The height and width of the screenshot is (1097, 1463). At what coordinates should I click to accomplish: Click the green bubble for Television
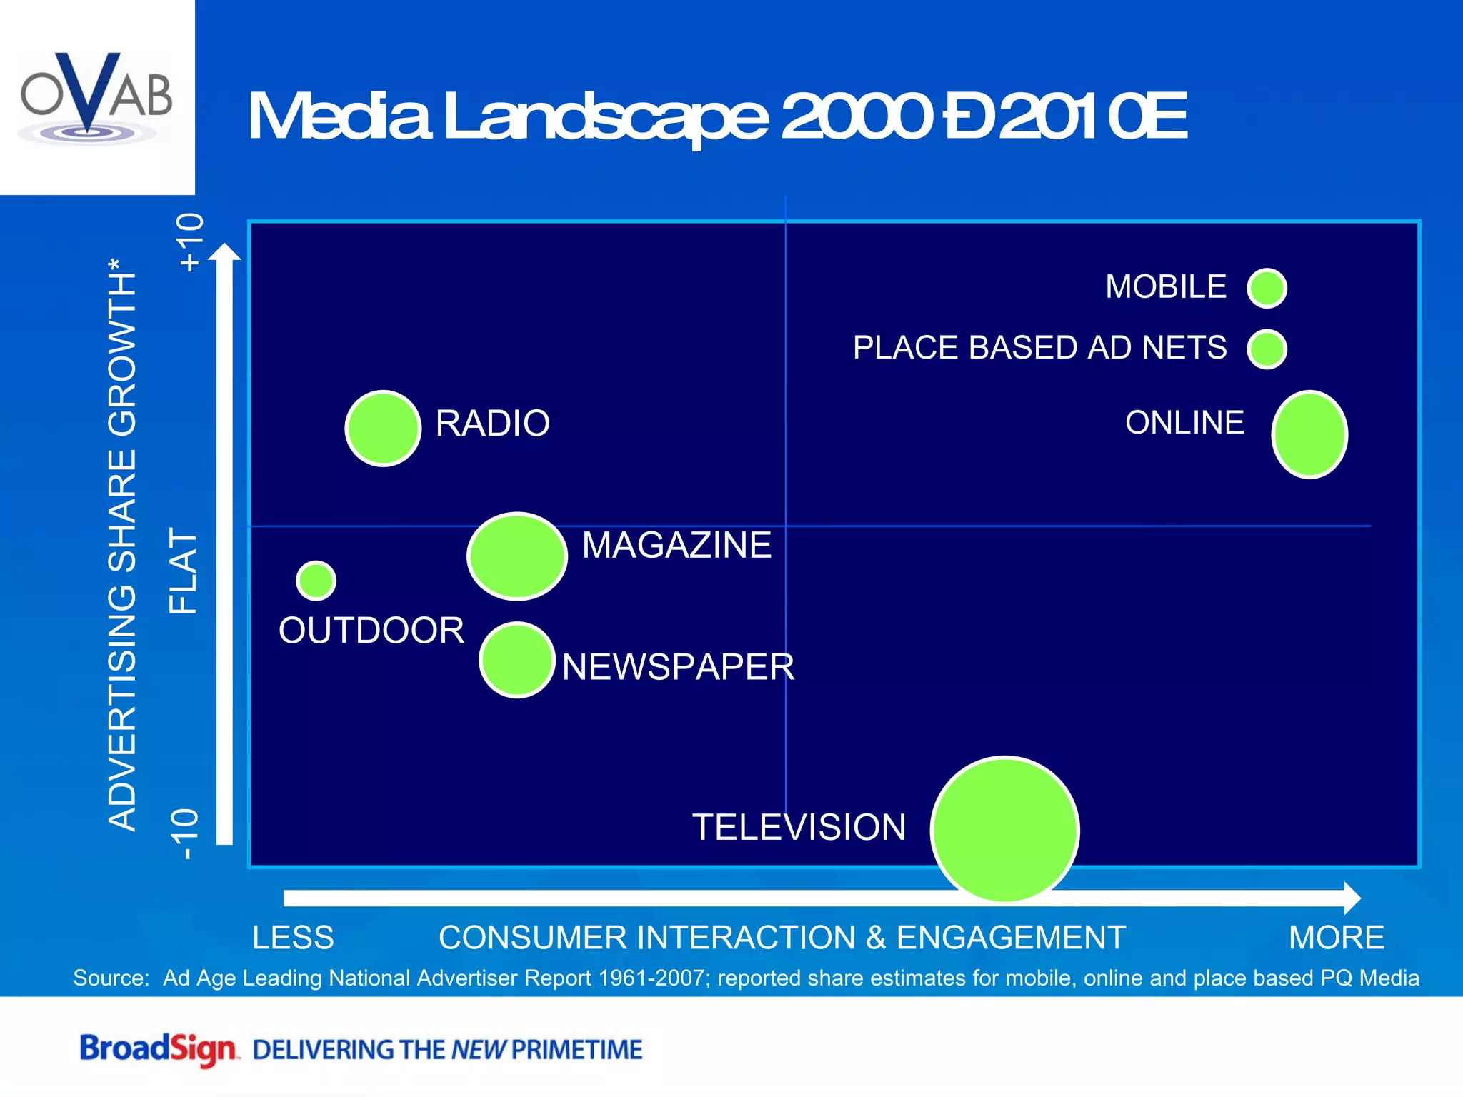coord(1004,829)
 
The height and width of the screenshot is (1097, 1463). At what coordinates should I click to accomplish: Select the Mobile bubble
coord(1267,289)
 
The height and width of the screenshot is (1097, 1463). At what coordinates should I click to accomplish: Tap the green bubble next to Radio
coord(383,429)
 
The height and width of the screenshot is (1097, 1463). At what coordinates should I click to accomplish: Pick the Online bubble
coord(1309,434)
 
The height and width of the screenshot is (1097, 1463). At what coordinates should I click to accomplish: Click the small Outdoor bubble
coord(316,580)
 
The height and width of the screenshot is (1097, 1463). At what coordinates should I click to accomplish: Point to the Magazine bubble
coord(517,556)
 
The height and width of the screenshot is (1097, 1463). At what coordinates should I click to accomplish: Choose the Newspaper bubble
coord(517,660)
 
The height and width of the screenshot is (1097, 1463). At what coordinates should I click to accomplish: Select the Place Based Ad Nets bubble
coord(1267,349)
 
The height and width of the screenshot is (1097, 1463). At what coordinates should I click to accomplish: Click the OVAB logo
coord(96,96)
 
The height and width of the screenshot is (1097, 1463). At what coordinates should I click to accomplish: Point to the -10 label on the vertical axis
coord(186,834)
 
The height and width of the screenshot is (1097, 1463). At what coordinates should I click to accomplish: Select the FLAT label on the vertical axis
coord(183,571)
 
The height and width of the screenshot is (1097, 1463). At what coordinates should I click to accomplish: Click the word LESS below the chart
coord(293,938)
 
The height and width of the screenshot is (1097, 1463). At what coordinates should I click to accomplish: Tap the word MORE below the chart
coord(1336,938)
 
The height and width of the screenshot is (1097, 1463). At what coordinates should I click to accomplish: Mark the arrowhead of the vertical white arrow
coord(225,253)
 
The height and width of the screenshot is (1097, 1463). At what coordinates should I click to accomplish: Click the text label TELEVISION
coord(799,828)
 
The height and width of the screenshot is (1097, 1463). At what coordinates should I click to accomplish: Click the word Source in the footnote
coord(111,978)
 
